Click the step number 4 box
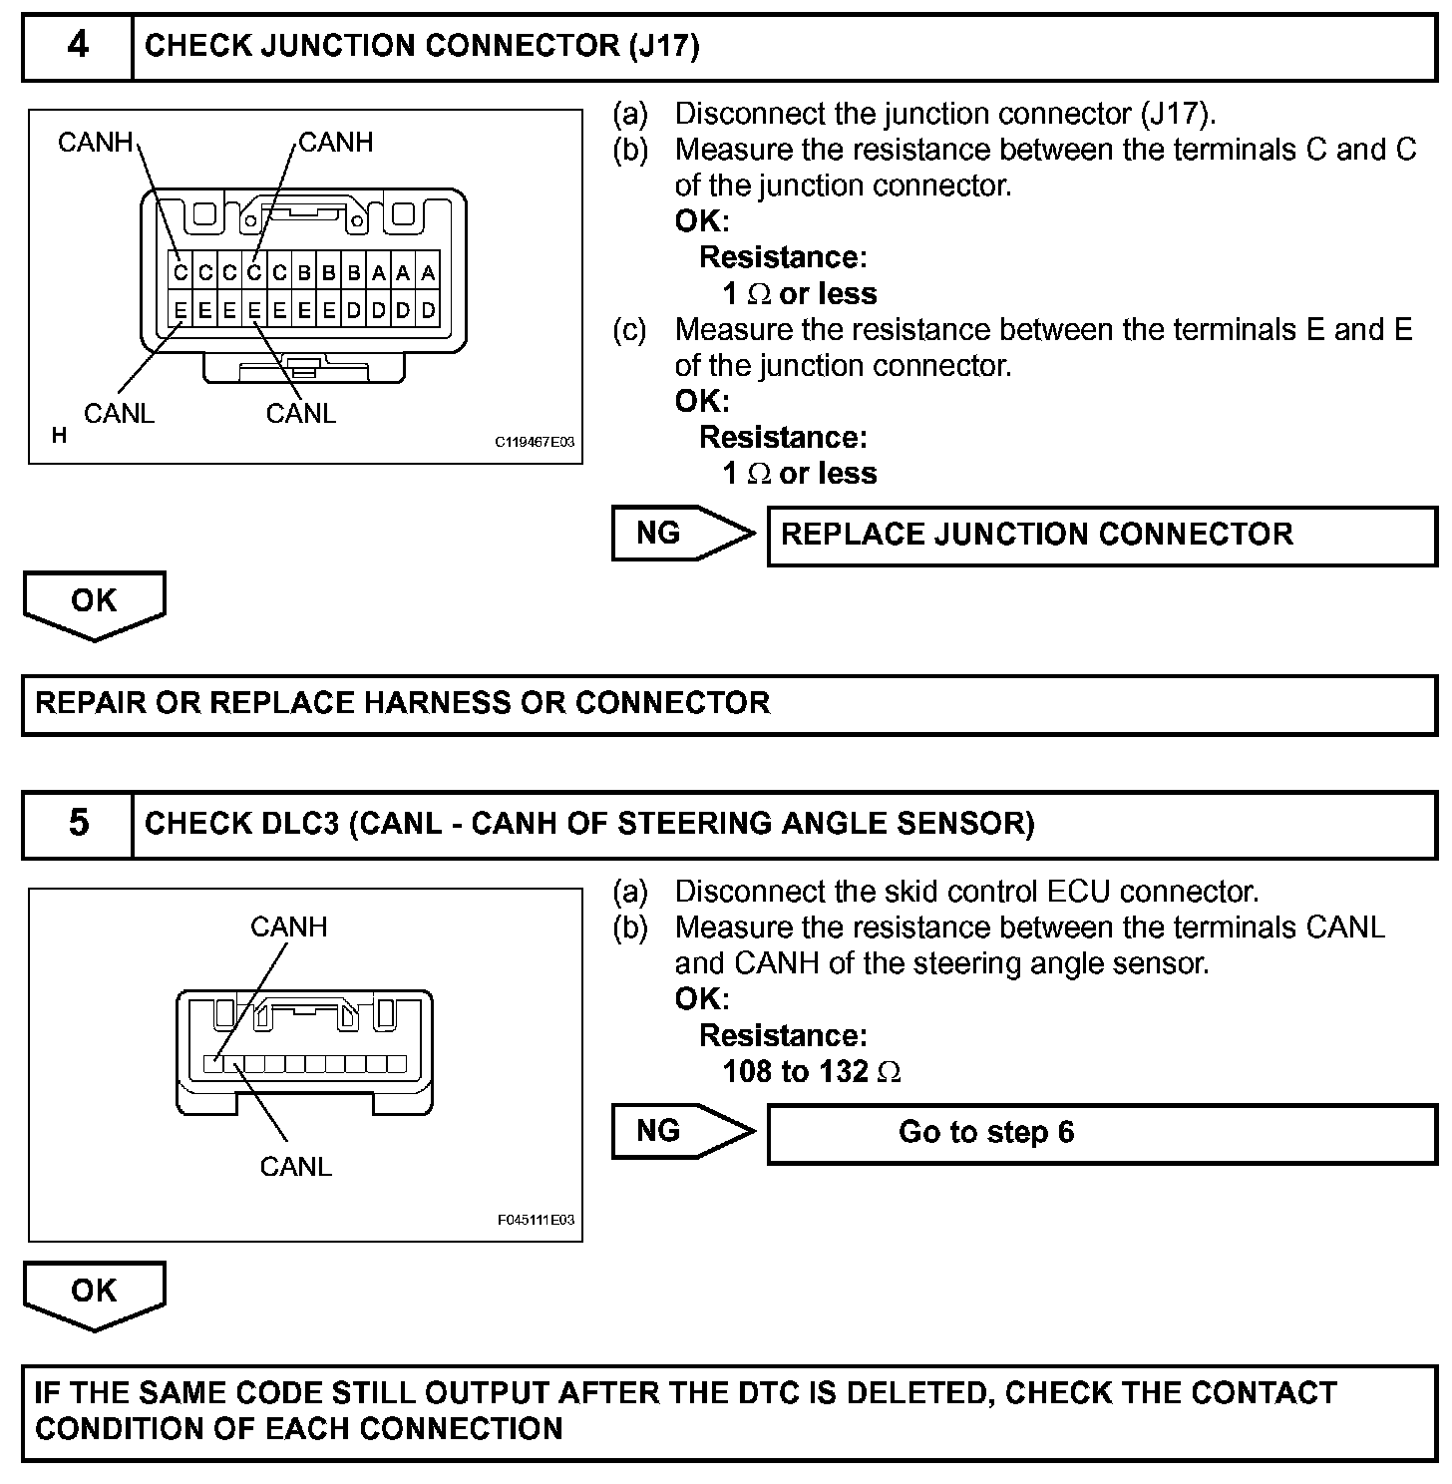click(x=78, y=46)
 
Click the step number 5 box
click(x=78, y=824)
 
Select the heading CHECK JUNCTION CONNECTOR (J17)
click(x=422, y=46)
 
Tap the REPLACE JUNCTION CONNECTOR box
click(x=1101, y=536)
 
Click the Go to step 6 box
click(x=1101, y=1133)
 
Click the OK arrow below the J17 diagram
click(x=94, y=602)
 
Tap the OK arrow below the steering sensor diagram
click(x=94, y=1293)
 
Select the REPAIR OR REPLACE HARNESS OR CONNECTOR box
click(x=728, y=704)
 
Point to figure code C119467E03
click(x=535, y=441)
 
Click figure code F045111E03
click(x=536, y=1220)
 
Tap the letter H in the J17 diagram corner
click(x=59, y=436)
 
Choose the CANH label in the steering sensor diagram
click(x=288, y=927)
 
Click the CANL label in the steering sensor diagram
click(x=295, y=1166)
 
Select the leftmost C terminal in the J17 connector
click(x=181, y=273)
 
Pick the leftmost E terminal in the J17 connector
click(x=181, y=310)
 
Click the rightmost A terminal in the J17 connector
click(x=428, y=273)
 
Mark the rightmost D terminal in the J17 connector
click(x=428, y=310)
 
